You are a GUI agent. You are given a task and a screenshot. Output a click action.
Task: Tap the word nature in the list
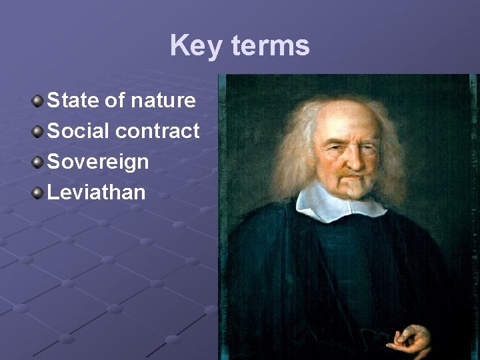tap(163, 101)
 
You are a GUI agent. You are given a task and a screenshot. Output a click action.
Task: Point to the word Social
tap(79, 131)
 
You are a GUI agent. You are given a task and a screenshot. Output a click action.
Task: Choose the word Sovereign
tap(98, 162)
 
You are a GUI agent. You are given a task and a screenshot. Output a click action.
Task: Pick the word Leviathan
tap(96, 193)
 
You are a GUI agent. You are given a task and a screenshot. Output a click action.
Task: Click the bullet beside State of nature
tap(38, 101)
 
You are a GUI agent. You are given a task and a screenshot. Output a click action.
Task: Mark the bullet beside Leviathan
tap(38, 193)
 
